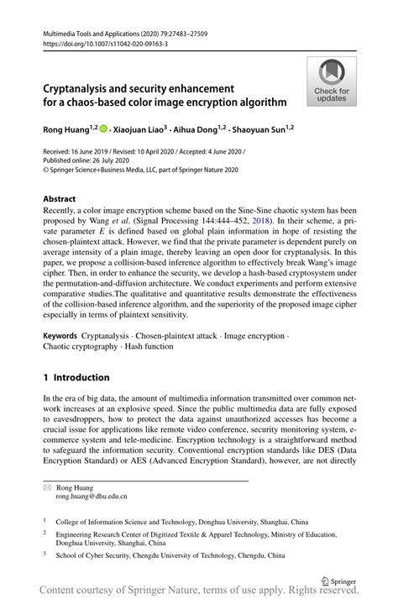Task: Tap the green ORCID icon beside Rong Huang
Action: (104, 129)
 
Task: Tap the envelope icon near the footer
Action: (48, 486)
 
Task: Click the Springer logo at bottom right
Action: (340, 580)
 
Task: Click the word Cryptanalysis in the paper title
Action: (83, 87)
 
